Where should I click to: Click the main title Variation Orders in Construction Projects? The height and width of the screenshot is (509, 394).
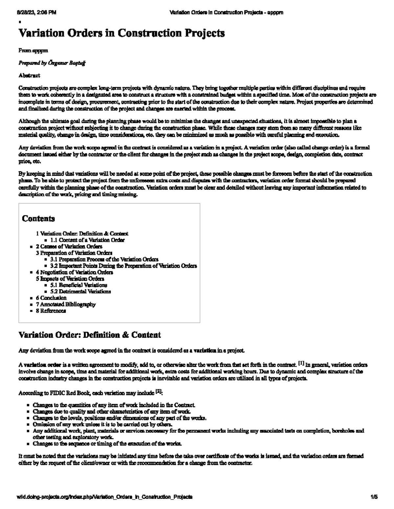pyautogui.click(x=121, y=33)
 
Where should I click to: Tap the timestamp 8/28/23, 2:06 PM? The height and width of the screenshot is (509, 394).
pyautogui.click(x=36, y=13)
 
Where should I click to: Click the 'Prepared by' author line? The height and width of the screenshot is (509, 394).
pyautogui.click(x=52, y=63)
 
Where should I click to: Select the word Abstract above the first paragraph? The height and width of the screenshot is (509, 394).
pyautogui.click(x=29, y=75)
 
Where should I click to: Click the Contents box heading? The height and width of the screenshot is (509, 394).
pyautogui.click(x=38, y=219)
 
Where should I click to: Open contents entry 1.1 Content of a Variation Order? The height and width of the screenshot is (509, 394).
pyautogui.click(x=87, y=240)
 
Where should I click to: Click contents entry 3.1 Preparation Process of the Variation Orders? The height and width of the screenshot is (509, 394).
pyautogui.click(x=104, y=259)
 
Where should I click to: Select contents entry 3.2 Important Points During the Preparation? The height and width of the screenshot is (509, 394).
pyautogui.click(x=123, y=266)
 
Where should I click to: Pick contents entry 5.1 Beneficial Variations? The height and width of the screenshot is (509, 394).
pyautogui.click(x=78, y=285)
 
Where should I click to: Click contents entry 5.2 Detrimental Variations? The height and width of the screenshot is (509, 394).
pyautogui.click(x=80, y=291)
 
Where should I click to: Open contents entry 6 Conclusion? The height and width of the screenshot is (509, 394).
pyautogui.click(x=51, y=298)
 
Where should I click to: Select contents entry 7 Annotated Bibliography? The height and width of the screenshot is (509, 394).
pyautogui.click(x=66, y=304)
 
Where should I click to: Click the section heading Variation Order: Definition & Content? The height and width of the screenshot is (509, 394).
pyautogui.click(x=90, y=335)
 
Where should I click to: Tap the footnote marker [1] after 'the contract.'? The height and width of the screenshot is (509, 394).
pyautogui.click(x=301, y=363)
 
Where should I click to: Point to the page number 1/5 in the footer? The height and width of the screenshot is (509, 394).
pyautogui.click(x=374, y=497)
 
